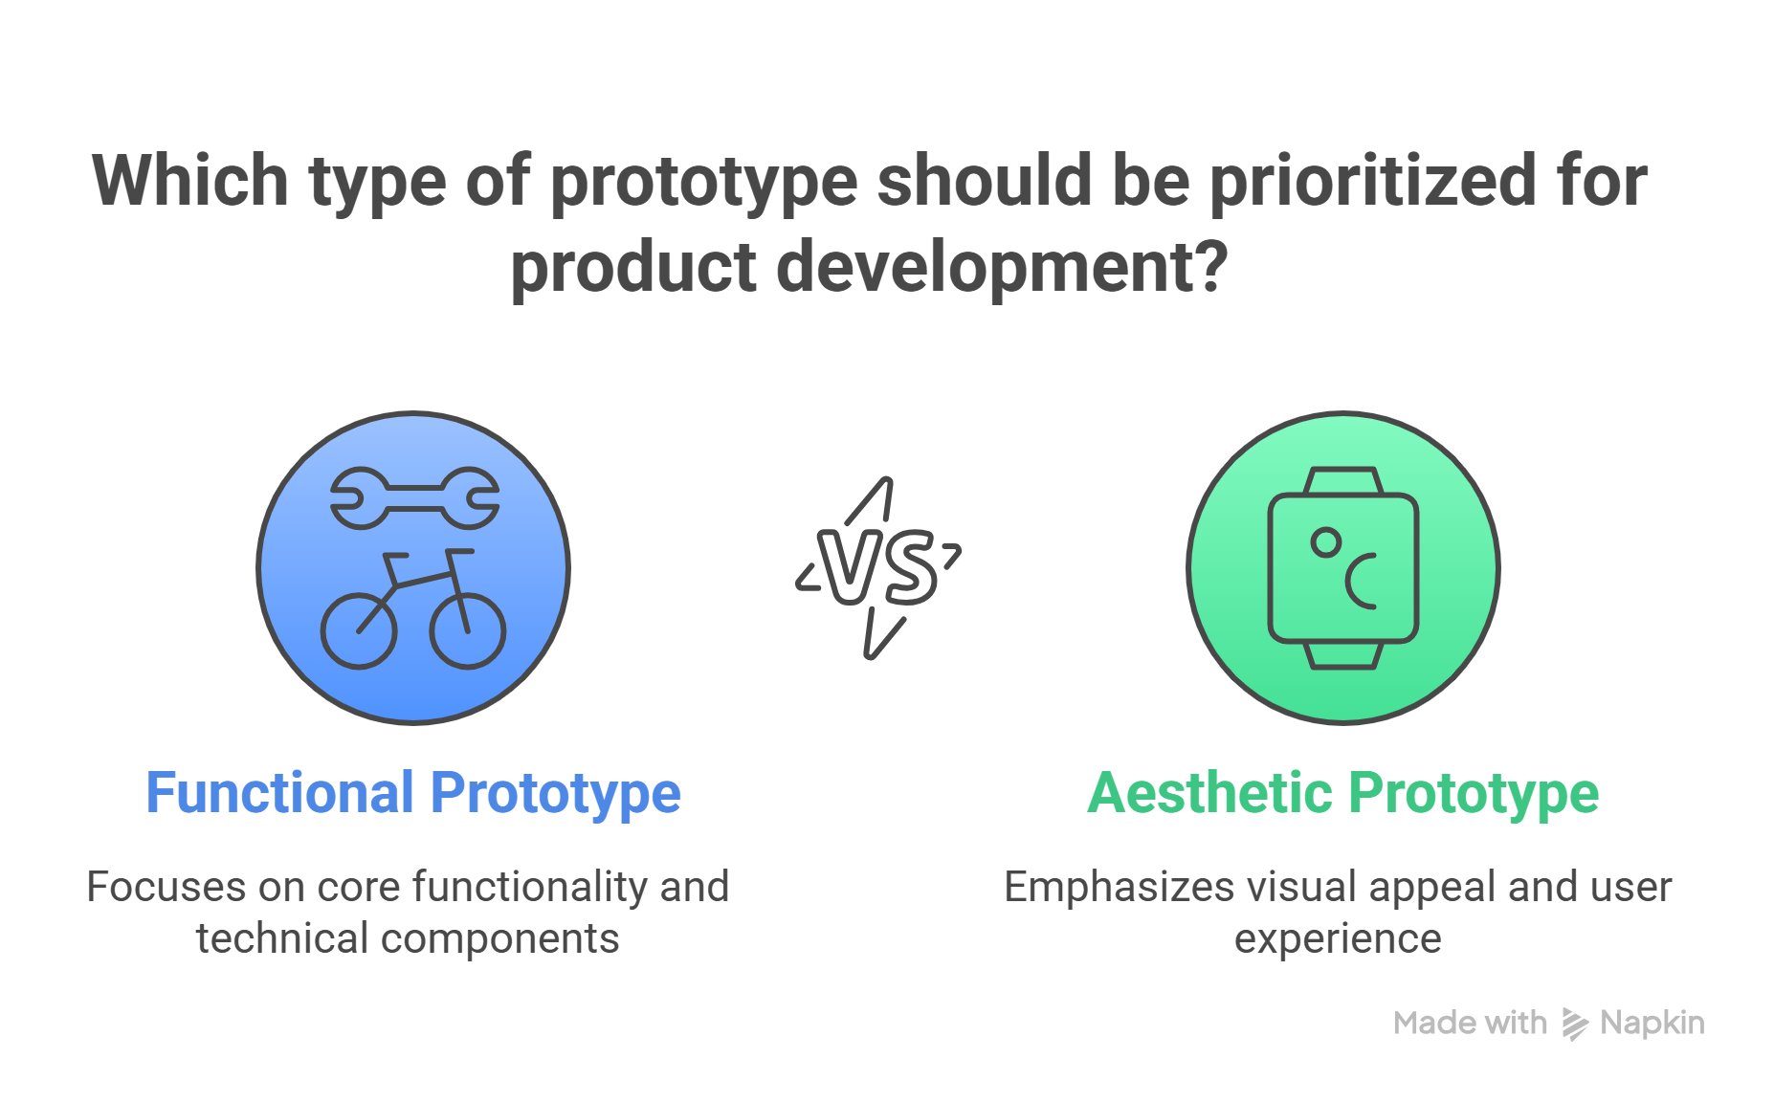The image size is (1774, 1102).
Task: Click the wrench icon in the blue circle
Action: point(414,497)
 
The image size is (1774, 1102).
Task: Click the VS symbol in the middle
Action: point(878,568)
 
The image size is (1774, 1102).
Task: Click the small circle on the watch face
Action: point(1326,542)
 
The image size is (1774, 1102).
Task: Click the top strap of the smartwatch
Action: point(1343,480)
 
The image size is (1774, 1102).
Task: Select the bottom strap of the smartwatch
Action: point(1343,655)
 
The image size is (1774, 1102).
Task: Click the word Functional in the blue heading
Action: point(280,793)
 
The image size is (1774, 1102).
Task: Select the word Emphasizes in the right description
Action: point(1120,888)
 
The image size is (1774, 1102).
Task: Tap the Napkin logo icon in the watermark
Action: point(1575,1024)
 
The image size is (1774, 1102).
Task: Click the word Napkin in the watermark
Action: point(1652,1023)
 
